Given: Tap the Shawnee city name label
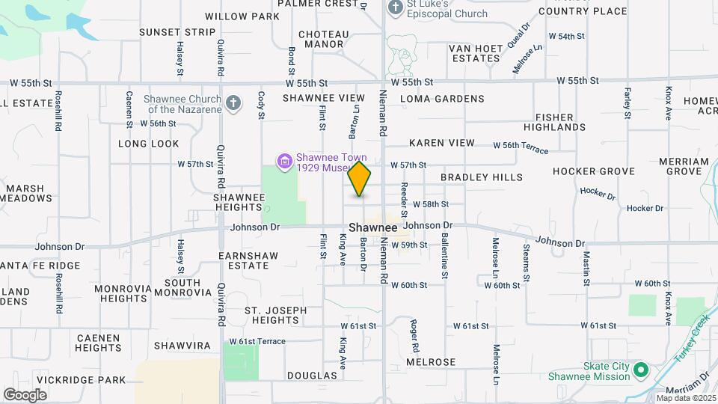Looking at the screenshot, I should [x=372, y=227].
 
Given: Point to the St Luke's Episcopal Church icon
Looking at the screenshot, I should [x=396, y=6].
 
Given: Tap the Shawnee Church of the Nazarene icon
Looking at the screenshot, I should [x=233, y=103].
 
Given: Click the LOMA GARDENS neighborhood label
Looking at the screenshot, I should [x=442, y=99].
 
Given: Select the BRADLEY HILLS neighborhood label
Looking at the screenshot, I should [x=482, y=177].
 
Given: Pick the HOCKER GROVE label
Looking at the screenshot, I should [x=594, y=171].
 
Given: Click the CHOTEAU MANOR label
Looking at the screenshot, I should [x=324, y=40].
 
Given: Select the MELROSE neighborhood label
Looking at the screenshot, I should [x=431, y=362].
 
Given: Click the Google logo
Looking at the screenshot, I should [x=25, y=394].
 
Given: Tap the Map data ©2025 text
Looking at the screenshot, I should [x=686, y=398].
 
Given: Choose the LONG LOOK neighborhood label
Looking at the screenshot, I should [x=149, y=144].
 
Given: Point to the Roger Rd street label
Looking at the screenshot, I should [x=414, y=336].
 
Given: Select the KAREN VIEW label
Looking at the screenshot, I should [x=441, y=143].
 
